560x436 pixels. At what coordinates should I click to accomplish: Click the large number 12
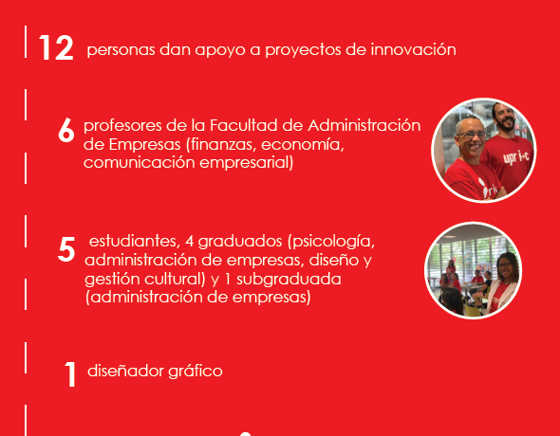pos(56,47)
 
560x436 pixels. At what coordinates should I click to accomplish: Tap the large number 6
pos(66,131)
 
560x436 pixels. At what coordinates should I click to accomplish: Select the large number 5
pos(66,249)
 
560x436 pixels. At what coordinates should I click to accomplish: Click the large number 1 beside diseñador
pos(70,374)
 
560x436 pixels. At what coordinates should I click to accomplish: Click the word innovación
pos(413,49)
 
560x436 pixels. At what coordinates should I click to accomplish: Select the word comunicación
pos(140,163)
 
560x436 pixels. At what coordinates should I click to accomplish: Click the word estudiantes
pos(134,241)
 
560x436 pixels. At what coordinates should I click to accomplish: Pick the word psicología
pos(331,242)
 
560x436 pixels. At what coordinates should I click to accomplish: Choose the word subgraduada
pos(289,280)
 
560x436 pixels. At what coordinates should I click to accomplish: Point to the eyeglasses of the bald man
pos(472,135)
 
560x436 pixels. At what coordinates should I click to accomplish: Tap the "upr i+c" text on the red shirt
pos(515,156)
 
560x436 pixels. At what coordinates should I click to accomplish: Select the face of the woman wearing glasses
pos(505,267)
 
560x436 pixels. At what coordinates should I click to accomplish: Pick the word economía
pos(303,144)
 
